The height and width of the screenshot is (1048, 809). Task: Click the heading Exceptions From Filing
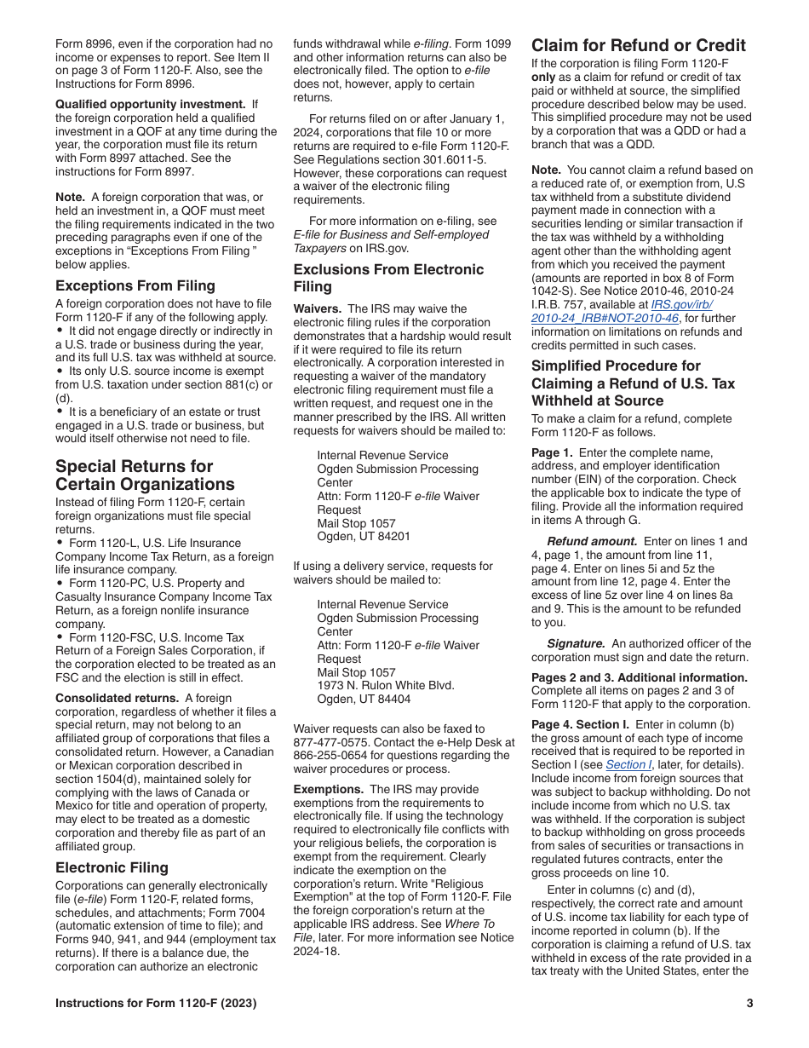[135, 285]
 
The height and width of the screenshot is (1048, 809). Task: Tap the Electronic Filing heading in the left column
[112, 867]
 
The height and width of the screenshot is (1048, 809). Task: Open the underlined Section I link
[624, 764]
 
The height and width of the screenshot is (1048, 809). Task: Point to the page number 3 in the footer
[749, 1003]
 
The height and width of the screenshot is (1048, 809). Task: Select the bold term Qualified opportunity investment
[151, 104]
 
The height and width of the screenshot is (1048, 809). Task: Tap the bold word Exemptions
[330, 789]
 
